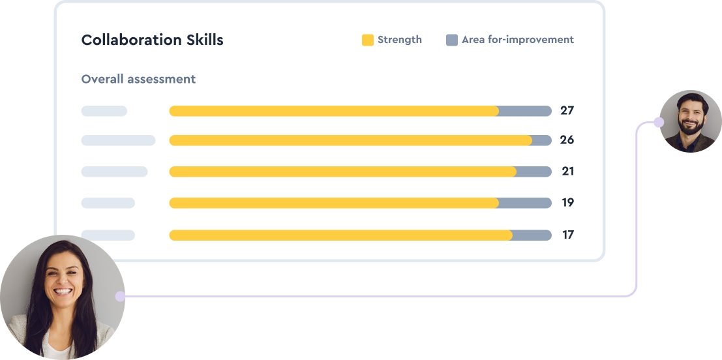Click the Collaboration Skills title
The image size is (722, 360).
pos(152,40)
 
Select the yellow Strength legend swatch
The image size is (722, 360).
pos(368,40)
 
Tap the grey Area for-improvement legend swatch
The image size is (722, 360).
pos(452,40)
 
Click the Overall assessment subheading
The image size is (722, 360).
pos(138,79)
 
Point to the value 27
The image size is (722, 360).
pos(567,111)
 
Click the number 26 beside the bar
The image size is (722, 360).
pos(567,140)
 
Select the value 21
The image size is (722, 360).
pos(567,172)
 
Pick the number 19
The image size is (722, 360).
pos(567,203)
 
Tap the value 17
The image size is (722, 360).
pos(567,235)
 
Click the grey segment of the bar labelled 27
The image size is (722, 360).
pos(525,111)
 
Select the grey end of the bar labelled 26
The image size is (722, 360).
pos(542,140)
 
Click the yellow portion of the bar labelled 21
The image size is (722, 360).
pos(342,172)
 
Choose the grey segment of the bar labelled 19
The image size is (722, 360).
pos(525,203)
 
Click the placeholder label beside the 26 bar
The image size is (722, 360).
pos(118,140)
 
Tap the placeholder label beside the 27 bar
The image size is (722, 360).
pos(104,111)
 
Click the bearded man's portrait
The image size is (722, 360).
pos(691,121)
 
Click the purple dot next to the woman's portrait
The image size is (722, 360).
pos(120,297)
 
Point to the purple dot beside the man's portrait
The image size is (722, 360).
pos(659,123)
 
